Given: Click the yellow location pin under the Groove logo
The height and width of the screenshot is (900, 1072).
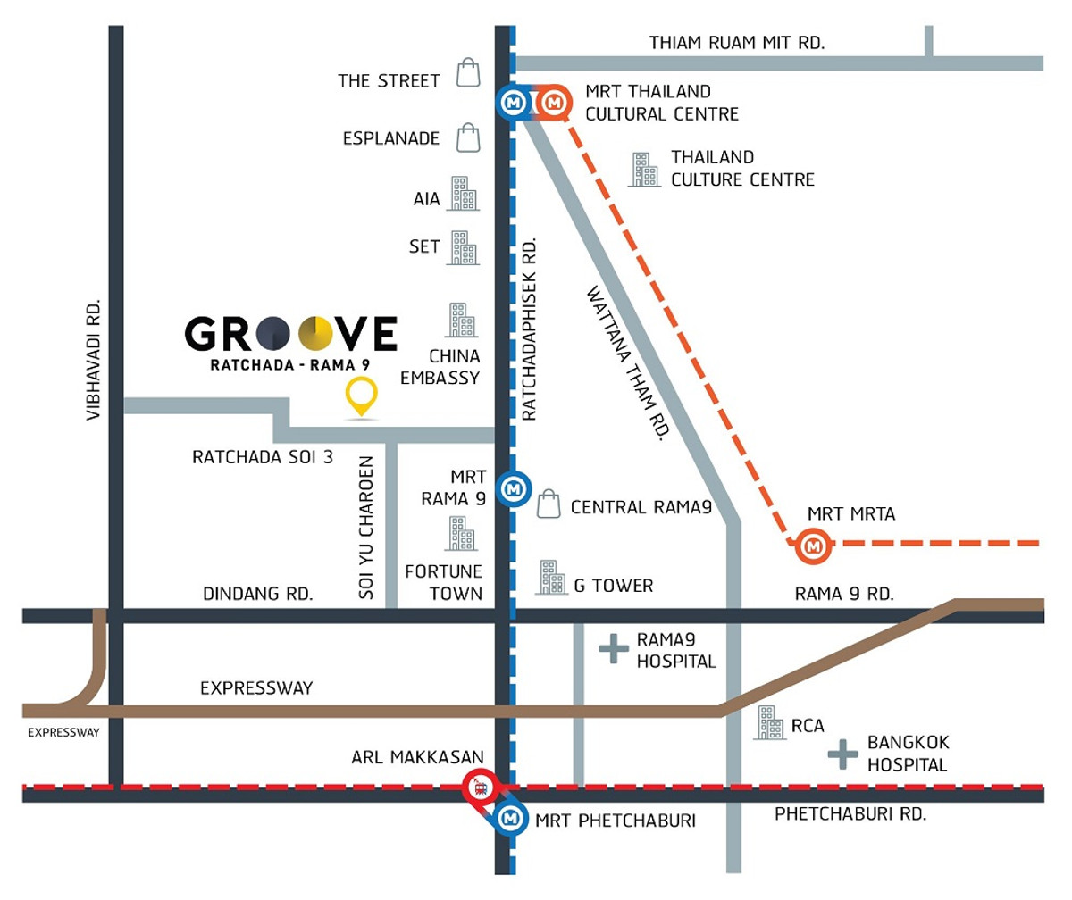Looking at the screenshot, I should point(361,396).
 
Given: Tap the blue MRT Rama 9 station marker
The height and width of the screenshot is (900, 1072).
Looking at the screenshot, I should point(514,489).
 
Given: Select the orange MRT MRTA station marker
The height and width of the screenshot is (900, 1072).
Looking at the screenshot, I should point(813,544).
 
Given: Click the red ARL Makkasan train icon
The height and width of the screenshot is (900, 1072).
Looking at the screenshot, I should point(480,787).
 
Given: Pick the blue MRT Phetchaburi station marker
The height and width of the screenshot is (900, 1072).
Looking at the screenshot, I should point(510,817).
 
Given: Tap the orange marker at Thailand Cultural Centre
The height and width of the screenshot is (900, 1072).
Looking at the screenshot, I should point(554,103).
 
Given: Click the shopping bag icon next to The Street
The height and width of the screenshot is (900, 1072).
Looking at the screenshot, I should point(468,73).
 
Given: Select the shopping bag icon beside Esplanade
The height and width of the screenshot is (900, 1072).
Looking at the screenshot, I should point(468,137).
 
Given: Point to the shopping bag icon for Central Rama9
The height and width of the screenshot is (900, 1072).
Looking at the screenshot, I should point(549,504).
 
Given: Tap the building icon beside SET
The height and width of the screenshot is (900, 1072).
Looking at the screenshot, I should point(462,248).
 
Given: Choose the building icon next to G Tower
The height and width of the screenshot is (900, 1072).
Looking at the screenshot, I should point(550,578).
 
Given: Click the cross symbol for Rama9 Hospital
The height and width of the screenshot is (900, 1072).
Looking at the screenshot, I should point(613,649).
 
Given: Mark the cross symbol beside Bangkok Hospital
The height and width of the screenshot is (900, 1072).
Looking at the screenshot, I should point(842,754).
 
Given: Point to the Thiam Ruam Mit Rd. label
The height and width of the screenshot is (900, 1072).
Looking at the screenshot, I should point(737,42).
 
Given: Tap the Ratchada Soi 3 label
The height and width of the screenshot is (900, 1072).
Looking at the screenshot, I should point(263,457).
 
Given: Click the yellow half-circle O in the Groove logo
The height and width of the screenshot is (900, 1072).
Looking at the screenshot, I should point(316,334).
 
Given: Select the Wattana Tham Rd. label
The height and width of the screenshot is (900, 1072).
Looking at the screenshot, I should point(628,362).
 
